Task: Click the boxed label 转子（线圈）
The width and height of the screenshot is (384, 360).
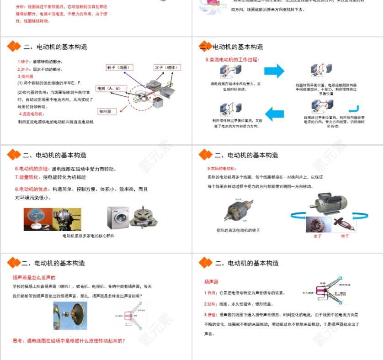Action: [118, 68]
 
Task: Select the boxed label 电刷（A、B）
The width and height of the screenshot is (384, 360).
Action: [109, 88]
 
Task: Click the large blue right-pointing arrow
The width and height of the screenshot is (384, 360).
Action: [274, 71]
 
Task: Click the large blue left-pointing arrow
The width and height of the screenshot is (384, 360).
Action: [275, 114]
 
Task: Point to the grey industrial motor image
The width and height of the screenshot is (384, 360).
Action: [328, 204]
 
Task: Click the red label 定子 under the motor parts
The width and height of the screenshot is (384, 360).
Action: [318, 236]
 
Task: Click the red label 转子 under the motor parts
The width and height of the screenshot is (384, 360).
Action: [345, 236]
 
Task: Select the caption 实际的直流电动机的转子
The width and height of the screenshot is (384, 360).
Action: [238, 230]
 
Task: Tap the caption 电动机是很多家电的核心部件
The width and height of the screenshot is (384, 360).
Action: [89, 236]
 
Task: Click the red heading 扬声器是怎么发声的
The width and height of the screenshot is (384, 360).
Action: [34, 277]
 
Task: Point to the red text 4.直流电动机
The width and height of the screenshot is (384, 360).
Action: [32, 114]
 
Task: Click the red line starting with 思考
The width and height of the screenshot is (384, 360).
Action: [69, 341]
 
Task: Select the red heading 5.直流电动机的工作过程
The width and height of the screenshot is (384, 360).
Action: [232, 59]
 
